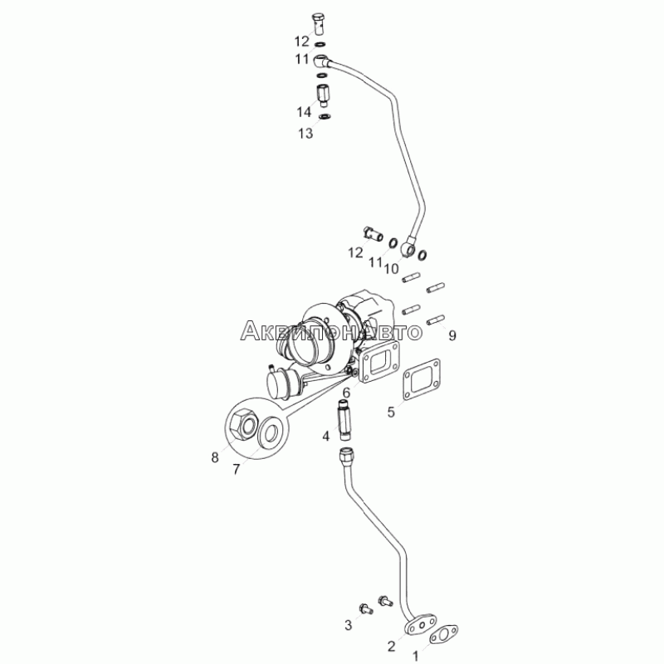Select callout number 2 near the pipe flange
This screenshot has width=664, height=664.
tap(390, 646)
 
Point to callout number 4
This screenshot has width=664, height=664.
tap(326, 435)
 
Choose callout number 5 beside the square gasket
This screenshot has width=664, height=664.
tap(390, 412)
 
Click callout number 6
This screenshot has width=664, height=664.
tap(347, 393)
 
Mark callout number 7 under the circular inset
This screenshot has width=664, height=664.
tap(236, 470)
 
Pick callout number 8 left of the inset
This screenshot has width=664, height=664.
tap(214, 456)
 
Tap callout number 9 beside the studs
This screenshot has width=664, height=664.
tap(452, 335)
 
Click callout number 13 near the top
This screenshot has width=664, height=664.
tap(306, 133)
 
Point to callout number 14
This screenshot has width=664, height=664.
tap(305, 111)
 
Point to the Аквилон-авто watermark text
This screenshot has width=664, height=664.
tap(331, 332)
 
